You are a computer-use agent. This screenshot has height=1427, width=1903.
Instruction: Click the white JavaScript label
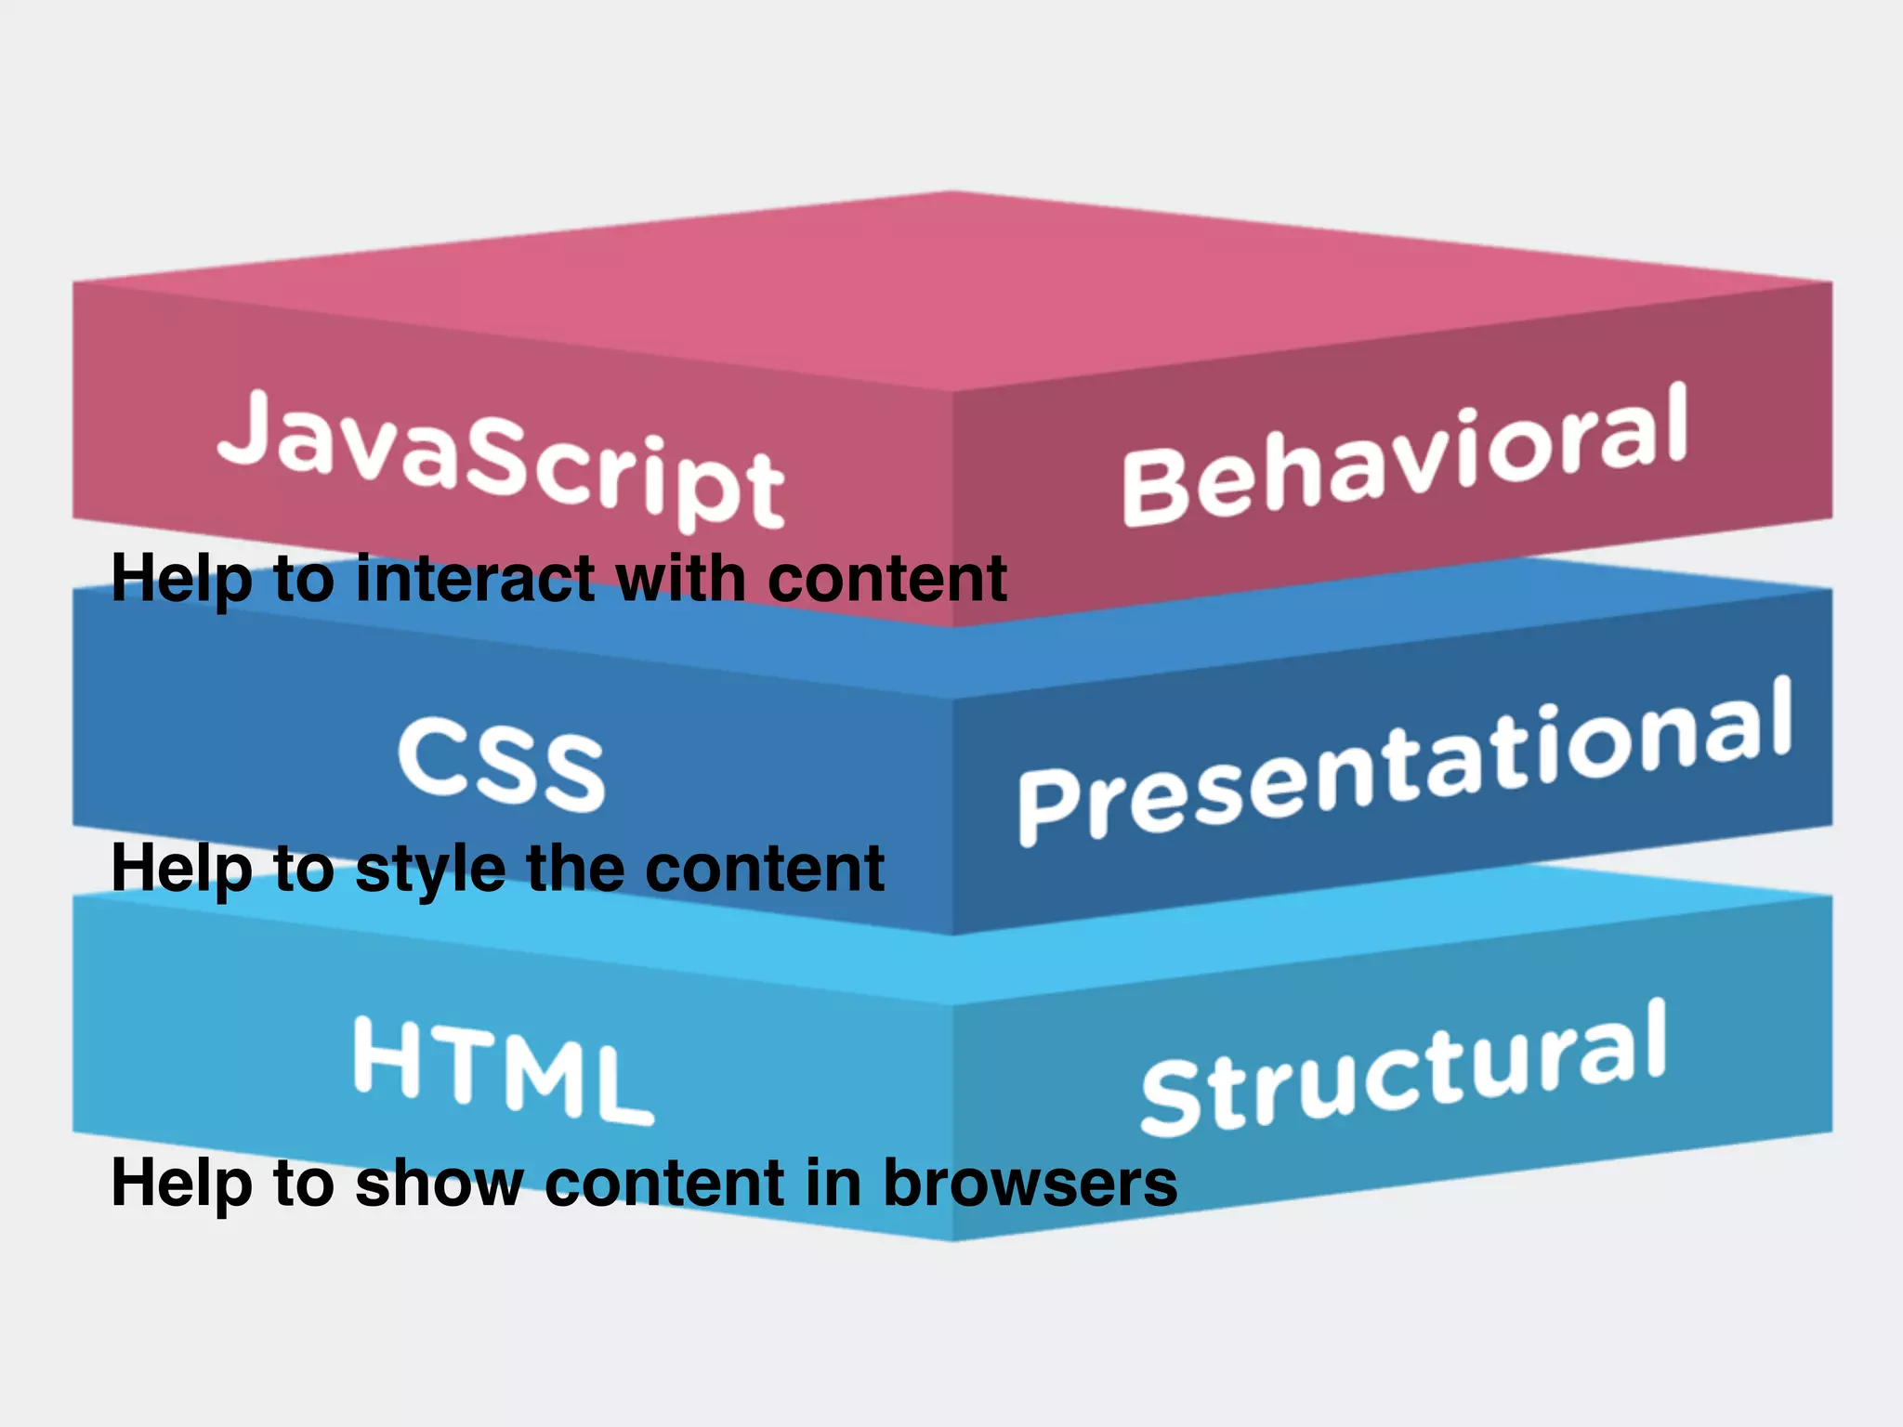point(502,460)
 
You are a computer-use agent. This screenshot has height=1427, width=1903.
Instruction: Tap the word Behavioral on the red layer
point(1403,455)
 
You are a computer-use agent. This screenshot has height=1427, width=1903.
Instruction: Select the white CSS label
point(502,764)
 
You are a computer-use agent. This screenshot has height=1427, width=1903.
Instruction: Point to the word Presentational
point(1403,762)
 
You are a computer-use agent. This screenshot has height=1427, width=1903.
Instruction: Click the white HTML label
point(502,1068)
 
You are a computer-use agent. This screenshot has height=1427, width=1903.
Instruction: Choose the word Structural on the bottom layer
point(1403,1068)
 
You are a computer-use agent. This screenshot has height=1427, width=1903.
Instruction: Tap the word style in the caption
point(432,870)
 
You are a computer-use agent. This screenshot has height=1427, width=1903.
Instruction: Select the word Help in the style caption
point(181,870)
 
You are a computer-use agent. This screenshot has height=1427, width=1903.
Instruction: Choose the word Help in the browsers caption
point(181,1184)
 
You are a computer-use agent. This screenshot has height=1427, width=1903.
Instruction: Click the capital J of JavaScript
point(243,427)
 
